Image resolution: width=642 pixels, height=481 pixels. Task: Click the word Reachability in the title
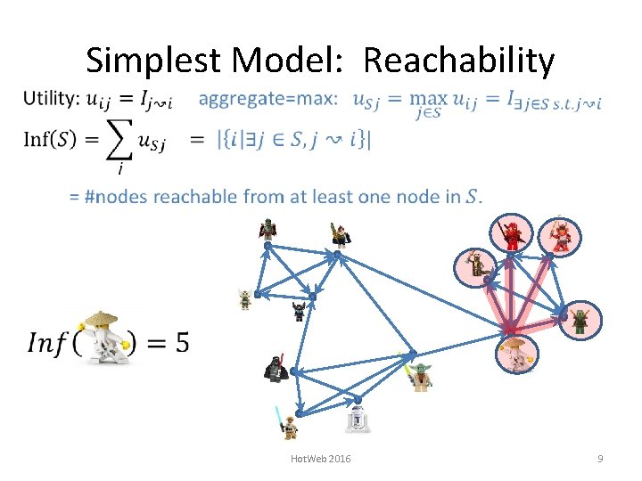(458, 61)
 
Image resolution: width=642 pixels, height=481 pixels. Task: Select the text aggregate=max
(268, 99)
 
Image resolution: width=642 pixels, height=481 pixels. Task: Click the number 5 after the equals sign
(181, 342)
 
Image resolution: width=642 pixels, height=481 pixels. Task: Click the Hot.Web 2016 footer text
(321, 459)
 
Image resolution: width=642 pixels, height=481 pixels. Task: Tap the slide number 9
(600, 459)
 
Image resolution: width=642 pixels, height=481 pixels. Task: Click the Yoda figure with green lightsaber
(417, 376)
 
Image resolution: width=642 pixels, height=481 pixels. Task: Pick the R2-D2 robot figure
(358, 417)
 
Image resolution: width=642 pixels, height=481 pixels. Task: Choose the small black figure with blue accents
(299, 311)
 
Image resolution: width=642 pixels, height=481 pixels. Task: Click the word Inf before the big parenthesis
(47, 343)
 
